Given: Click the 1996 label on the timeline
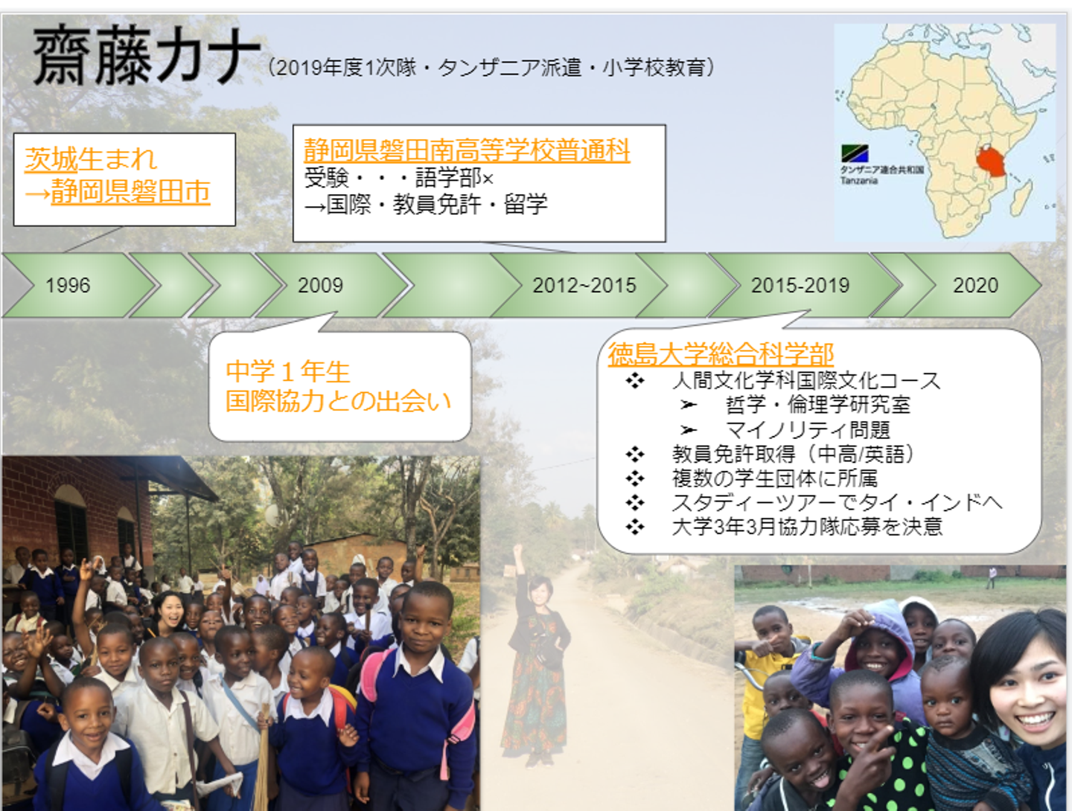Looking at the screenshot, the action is tap(68, 286).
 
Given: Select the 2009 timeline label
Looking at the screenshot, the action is tap(320, 286).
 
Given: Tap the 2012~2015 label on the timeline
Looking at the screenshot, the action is tap(584, 286).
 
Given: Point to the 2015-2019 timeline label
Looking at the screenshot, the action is tap(800, 286).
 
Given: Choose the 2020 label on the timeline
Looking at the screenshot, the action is tap(975, 286).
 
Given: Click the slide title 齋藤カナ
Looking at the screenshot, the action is tap(146, 55).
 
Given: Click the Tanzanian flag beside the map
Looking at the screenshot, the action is tap(855, 153).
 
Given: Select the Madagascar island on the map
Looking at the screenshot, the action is tap(1022, 197).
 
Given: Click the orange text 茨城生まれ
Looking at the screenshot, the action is tap(91, 158).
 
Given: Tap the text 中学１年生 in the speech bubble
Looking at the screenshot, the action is tap(287, 372).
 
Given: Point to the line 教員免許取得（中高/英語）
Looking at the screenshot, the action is tap(793, 454).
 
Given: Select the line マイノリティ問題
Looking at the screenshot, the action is tap(808, 430).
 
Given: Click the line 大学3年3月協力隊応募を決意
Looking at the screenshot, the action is tap(807, 527).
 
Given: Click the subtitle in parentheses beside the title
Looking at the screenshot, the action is tap(491, 68).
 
